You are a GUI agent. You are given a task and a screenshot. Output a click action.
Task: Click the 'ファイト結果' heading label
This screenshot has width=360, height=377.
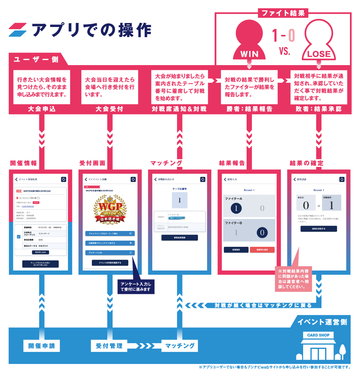click(283, 13)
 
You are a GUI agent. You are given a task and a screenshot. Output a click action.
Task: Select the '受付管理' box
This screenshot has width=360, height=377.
click(109, 346)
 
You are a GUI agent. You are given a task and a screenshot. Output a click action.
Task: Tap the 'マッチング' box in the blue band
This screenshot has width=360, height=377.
click(180, 346)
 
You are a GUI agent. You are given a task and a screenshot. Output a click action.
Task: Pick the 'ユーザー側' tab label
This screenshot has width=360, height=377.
click(36, 59)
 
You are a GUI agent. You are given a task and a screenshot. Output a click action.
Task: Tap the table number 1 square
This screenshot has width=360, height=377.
click(180, 200)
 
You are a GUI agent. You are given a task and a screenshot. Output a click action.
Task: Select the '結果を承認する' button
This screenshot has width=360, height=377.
click(319, 229)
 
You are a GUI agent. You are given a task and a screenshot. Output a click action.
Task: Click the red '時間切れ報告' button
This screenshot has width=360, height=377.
click(262, 250)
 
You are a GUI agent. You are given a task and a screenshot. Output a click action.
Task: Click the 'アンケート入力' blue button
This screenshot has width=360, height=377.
click(110, 253)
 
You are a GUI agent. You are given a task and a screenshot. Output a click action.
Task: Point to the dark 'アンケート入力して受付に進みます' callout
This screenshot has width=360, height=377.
click(136, 286)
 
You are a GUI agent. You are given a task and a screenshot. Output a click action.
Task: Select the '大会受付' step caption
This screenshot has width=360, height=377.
click(109, 109)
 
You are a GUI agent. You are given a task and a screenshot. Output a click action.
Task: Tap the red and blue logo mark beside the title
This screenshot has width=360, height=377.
click(18, 30)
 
